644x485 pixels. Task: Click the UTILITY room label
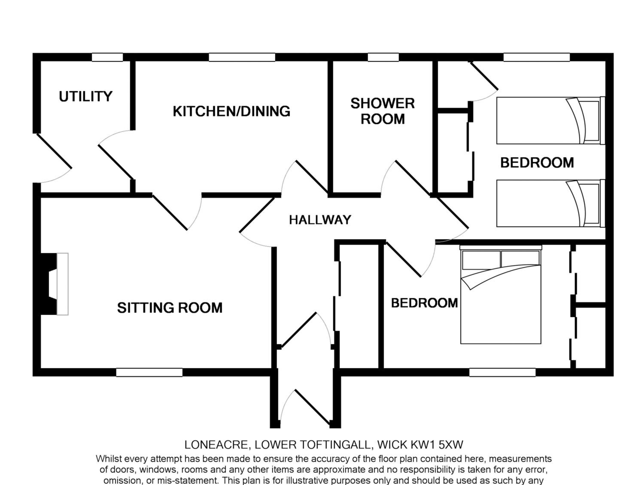coord(86,96)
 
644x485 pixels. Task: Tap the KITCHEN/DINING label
coord(231,111)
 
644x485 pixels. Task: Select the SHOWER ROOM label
coord(383,111)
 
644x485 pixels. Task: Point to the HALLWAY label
coord(320,220)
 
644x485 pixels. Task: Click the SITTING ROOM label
coord(170,308)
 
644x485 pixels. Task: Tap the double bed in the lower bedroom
coord(500,294)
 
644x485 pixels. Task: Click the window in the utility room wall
coord(107,57)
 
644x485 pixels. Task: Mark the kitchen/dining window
coord(242,57)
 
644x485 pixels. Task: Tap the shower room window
coord(383,57)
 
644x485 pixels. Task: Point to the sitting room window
coord(149,372)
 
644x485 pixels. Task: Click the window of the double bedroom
coord(503,372)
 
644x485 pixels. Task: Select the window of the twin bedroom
coord(537,57)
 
